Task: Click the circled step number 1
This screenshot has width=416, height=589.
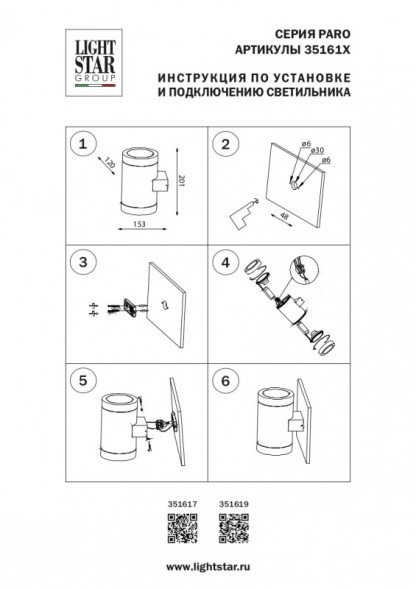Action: [x=83, y=144]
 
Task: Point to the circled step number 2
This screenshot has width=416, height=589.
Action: [x=224, y=144]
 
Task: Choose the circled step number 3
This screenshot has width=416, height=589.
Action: [x=83, y=262]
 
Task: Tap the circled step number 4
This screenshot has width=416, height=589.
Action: [x=224, y=262]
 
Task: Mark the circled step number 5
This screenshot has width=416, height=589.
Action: [x=83, y=381]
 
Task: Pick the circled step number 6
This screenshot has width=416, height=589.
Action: [x=224, y=381]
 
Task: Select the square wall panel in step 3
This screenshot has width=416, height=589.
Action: [x=161, y=296]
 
